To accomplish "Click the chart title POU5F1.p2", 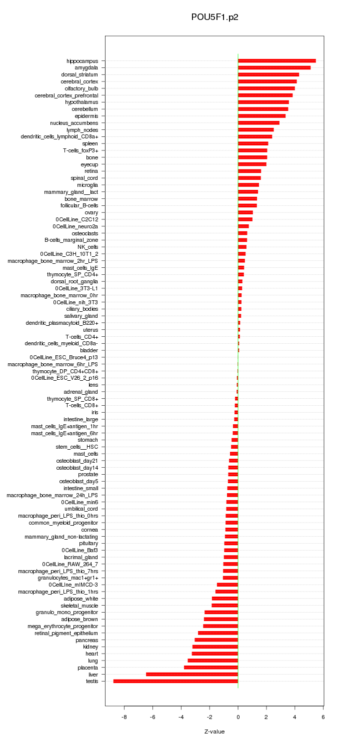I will pos(214,17).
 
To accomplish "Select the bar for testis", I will pos(175,681).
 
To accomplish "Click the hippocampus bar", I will pos(276,60).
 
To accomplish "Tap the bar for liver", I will pos(192,674).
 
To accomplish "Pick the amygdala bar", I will pos(274,67).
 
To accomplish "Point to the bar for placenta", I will pos(211,667).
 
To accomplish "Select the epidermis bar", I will pos(261,116).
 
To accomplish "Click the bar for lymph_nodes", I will pos(255,130).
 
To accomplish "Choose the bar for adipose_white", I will pos(225,598).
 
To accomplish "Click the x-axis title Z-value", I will pos(214,732).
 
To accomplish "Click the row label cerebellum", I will pos(84,109).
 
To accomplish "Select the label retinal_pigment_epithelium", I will pos(66,633).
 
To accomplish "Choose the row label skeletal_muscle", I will pos(79,605).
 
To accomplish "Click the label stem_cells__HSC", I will pos(76,447).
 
